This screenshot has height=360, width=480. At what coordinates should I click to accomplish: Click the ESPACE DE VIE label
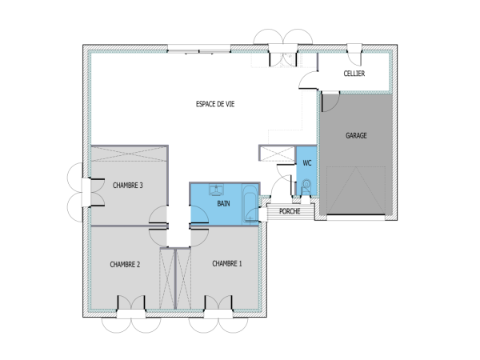(215, 104)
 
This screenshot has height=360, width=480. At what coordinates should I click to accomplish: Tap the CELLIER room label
(354, 74)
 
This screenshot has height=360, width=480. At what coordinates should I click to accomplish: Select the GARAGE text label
(356, 136)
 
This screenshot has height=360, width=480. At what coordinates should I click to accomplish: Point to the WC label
(306, 163)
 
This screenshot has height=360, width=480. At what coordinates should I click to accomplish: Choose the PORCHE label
(290, 212)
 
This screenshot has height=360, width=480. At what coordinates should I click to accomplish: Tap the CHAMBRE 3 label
(127, 186)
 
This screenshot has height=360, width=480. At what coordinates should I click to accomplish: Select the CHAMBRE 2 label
(125, 264)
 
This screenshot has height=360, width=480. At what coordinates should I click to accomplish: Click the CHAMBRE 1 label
(227, 263)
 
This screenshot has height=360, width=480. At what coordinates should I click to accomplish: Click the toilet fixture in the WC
(306, 187)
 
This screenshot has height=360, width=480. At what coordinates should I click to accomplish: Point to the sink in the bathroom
(215, 190)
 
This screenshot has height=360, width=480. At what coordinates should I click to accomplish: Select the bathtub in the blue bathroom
(251, 204)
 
